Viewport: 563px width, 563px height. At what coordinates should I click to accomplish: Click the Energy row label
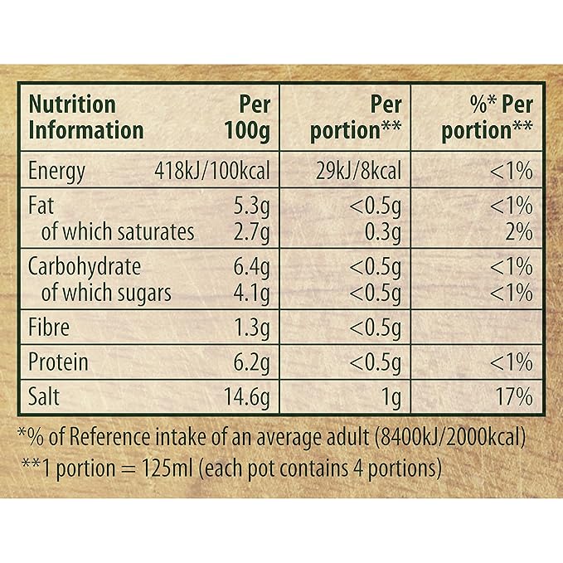click(56, 172)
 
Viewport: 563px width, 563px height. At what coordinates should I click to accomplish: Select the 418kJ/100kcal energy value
click(211, 171)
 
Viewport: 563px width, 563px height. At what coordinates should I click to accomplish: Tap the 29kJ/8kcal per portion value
click(358, 171)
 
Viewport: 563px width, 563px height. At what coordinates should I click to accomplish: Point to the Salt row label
click(43, 396)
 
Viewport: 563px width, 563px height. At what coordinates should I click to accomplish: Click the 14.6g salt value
click(246, 398)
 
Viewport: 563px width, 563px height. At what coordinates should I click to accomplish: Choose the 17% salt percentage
click(514, 396)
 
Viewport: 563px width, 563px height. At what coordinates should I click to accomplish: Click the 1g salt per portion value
click(391, 398)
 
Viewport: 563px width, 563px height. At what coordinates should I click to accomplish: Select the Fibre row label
click(48, 327)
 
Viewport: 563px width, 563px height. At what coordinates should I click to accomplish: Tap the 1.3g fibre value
click(251, 328)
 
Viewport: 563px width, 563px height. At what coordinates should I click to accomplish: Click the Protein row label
click(58, 362)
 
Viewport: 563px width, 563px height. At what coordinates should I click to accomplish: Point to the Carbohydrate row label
click(85, 268)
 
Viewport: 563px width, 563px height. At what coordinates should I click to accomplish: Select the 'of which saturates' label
click(118, 231)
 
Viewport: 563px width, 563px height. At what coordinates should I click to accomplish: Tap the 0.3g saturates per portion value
click(383, 233)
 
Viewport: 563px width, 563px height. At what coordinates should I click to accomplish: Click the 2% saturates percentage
click(519, 231)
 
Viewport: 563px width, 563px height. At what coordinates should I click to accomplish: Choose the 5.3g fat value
click(251, 207)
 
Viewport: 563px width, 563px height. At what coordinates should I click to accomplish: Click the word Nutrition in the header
click(72, 104)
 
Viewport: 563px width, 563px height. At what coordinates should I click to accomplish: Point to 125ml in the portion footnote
click(167, 468)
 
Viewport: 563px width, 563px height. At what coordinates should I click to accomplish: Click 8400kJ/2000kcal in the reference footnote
click(449, 437)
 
